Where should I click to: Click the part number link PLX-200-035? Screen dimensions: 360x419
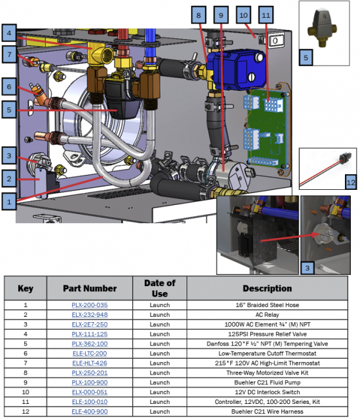pos(90,305)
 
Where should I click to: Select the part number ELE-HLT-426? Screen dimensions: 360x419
pos(90,363)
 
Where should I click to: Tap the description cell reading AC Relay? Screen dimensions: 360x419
pos(267,314)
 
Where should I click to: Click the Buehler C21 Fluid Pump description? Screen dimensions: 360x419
pos(267,382)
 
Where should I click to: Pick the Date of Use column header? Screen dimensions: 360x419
pos(160,288)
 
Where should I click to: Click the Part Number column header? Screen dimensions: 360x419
pos(90,288)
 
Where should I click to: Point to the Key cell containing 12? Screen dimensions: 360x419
pos(26,412)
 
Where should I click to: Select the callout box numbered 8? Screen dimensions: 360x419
pos(198,15)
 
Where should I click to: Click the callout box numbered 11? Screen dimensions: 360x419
pos(266,15)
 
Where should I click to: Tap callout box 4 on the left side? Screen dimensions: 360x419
pos(9,33)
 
